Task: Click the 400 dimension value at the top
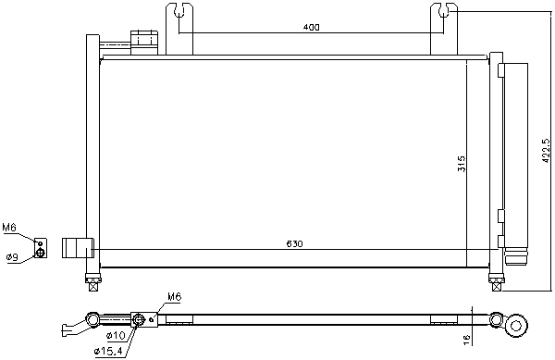point(311,28)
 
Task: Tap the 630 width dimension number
point(294,244)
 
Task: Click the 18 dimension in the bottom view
point(466,340)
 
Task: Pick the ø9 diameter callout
point(12,256)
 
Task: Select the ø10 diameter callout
point(116,335)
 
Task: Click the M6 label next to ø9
point(9,227)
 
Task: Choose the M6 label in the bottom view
point(174,297)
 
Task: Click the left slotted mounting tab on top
point(179,19)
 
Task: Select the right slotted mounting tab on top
point(442,19)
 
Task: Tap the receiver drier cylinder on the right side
point(515,157)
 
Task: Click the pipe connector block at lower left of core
point(79,247)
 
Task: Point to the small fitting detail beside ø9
point(40,248)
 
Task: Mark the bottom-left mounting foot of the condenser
point(92,276)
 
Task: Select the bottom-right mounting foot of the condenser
point(496,276)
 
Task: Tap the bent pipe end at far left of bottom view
point(70,329)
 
